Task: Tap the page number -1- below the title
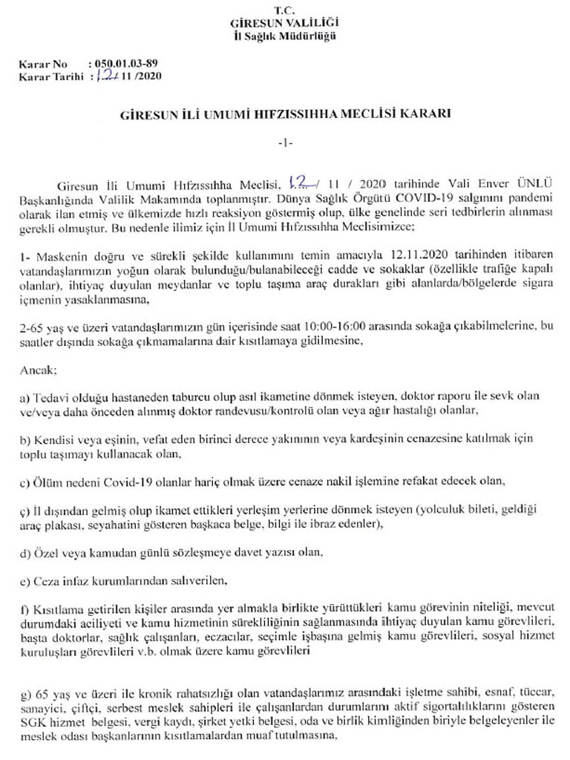284,142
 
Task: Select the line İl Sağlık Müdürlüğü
284,36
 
